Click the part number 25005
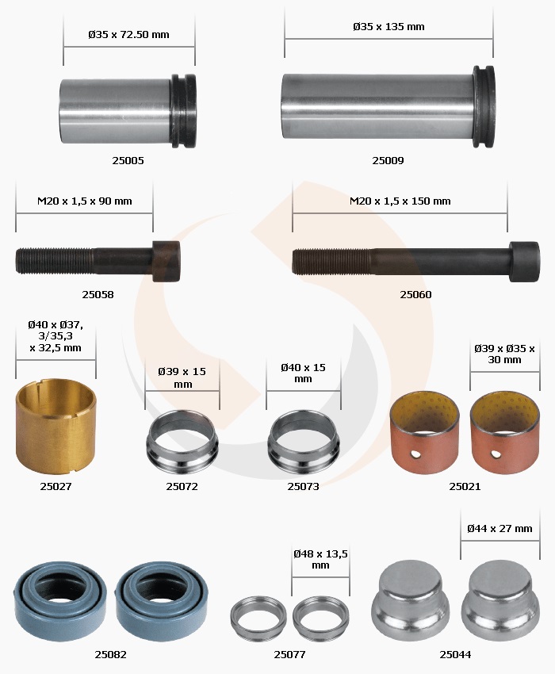click(128, 160)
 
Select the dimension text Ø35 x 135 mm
click(388, 26)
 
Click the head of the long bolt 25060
click(525, 261)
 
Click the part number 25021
click(465, 486)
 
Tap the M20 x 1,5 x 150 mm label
click(400, 201)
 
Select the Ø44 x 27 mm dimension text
click(499, 529)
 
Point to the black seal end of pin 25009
click(484, 108)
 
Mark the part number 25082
click(110, 655)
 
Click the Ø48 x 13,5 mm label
click(320, 560)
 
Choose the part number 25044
click(456, 655)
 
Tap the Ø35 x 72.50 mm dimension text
click(128, 35)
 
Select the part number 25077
click(289, 655)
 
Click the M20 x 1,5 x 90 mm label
click(84, 201)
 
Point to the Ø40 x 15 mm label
click(303, 373)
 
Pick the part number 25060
click(415, 294)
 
